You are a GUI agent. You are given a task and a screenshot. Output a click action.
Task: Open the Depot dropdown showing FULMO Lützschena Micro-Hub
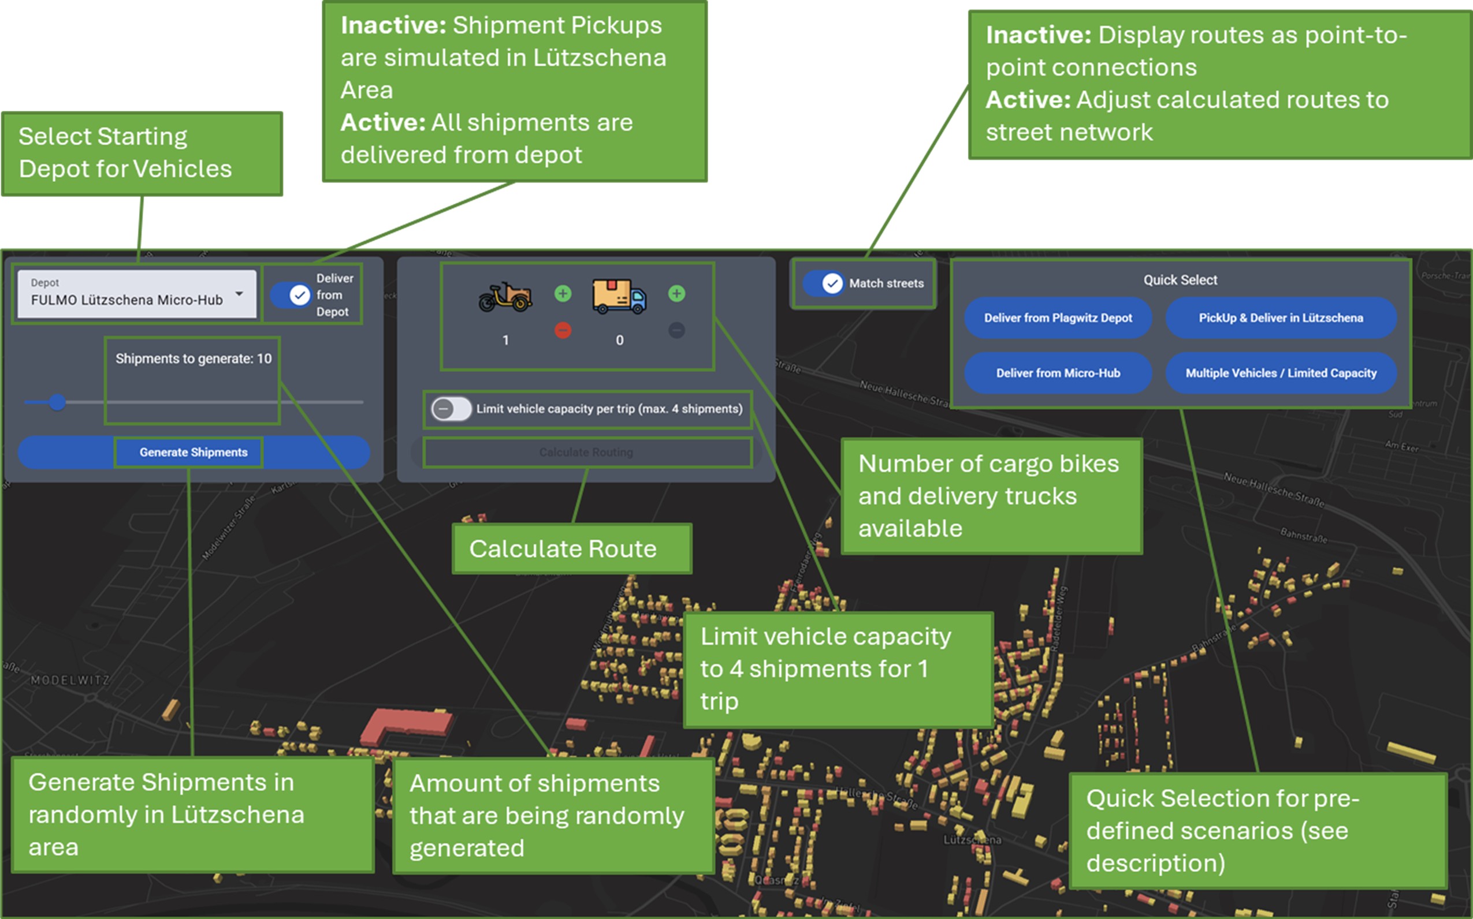pos(137,294)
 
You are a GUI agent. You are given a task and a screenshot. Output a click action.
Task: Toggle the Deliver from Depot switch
pos(291,296)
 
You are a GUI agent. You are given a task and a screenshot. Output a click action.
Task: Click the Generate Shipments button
pos(194,452)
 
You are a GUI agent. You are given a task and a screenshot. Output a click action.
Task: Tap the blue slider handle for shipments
pos(58,402)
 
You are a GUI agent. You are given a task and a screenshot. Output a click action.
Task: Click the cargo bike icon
pos(505,297)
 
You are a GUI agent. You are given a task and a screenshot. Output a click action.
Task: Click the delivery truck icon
pos(619,297)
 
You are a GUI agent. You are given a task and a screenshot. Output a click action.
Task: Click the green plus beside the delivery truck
pos(676,294)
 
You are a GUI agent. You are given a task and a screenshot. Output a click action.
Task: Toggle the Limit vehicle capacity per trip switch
pos(451,409)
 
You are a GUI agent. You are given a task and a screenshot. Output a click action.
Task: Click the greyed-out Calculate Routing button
pos(586,452)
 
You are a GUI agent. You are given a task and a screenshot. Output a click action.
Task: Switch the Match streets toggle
pos(824,283)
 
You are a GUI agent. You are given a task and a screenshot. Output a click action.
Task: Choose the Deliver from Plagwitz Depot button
pos(1058,318)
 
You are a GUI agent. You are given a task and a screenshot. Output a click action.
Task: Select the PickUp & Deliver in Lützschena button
pos(1281,318)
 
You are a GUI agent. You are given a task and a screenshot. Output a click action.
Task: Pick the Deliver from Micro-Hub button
pos(1058,373)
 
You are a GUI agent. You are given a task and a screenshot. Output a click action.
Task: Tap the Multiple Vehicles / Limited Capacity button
pos(1281,373)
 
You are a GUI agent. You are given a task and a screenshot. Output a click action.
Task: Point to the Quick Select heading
pos(1180,280)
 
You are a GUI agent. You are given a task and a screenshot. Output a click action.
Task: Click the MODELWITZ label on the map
pos(70,680)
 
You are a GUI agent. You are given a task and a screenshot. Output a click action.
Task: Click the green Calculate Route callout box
pos(572,549)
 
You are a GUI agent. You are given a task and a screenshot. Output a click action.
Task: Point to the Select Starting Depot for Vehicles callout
pos(142,153)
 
